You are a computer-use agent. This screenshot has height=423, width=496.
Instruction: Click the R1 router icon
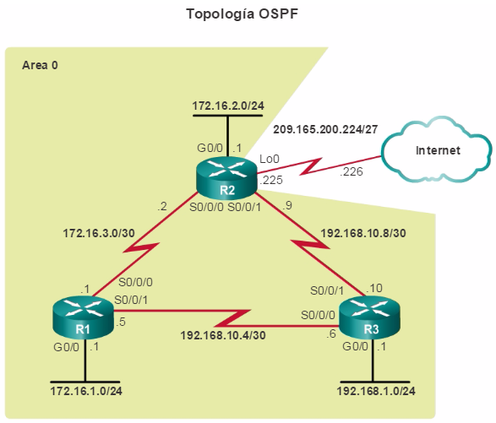coord(83,317)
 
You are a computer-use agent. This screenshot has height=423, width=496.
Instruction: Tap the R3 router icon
coord(370,317)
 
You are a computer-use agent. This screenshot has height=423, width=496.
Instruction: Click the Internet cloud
coord(438,149)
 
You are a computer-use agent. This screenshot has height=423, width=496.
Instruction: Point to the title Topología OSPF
coord(243,14)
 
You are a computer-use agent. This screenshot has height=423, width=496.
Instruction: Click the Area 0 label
coord(40,65)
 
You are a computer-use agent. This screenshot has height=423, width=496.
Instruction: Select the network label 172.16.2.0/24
coord(228,106)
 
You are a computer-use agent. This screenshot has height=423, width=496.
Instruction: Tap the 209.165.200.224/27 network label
coord(325,129)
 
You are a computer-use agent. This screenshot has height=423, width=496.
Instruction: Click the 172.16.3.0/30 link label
coord(99,233)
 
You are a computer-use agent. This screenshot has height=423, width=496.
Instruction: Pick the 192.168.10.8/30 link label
coord(363,233)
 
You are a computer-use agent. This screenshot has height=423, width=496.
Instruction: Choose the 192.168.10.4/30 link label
coord(223,335)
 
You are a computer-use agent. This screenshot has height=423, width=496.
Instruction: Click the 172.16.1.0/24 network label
coord(86,391)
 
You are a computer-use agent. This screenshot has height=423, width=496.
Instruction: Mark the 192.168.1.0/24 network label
coord(376,391)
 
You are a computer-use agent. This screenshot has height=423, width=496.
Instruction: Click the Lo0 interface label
coord(270,159)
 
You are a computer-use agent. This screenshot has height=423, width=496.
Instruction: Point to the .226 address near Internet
coord(352,171)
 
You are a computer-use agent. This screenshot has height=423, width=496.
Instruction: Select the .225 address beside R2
coord(271,180)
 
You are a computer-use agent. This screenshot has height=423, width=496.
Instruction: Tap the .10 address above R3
coord(374,288)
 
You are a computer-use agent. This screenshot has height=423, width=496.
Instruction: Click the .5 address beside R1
coord(121,322)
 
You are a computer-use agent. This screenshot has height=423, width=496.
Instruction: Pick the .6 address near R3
coord(331,334)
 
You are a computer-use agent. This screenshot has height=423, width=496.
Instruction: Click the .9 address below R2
coord(287,205)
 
